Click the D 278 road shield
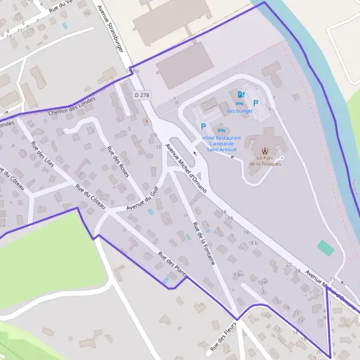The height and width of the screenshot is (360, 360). [142, 95]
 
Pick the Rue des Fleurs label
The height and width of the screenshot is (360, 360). [224, 337]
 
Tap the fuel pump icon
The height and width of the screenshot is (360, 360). [241, 94]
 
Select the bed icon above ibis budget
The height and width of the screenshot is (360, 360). [232, 103]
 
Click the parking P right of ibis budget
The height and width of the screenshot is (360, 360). [256, 103]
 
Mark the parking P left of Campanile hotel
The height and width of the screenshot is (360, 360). [203, 127]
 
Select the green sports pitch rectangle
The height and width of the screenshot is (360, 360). [325, 247]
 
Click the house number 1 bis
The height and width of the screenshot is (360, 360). [239, 274]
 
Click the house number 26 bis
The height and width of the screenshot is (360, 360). [132, 71]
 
